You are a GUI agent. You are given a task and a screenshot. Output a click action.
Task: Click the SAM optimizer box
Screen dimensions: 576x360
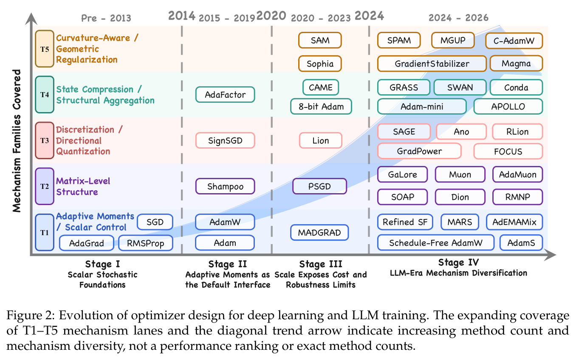click(320, 40)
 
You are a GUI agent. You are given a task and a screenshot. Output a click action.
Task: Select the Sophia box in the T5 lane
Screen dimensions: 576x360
click(320, 64)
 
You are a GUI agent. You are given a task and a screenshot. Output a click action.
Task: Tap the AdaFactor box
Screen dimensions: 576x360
click(225, 95)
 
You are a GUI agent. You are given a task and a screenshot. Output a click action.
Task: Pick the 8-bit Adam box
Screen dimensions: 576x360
click(321, 107)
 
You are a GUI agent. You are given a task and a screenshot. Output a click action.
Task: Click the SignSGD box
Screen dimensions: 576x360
click(225, 141)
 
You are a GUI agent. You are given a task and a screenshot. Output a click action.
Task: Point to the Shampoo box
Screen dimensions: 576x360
click(225, 186)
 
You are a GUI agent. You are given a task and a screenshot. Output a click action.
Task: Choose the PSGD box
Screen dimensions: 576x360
click(319, 186)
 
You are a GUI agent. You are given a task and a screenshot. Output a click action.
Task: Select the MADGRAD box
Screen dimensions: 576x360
click(319, 233)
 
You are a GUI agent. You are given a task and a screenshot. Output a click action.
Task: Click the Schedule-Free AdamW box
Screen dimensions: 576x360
click(435, 242)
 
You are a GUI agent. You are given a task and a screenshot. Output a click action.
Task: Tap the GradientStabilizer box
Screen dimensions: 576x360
click(432, 64)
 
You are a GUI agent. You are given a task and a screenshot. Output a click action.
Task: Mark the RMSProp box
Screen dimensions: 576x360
click(146, 243)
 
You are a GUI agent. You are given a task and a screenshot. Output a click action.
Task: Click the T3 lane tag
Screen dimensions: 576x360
click(45, 141)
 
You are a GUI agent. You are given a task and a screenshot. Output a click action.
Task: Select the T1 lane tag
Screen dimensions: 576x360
click(45, 233)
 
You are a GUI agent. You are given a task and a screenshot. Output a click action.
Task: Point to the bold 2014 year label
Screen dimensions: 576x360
click(181, 16)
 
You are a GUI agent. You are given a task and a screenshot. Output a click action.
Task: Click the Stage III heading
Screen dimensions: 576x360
click(321, 264)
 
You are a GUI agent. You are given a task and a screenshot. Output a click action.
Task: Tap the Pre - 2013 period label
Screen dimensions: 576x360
click(106, 18)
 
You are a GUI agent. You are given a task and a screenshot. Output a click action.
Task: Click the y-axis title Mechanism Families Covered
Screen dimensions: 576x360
click(17, 141)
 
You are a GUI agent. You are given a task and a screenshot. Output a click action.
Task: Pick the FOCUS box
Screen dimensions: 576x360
click(508, 152)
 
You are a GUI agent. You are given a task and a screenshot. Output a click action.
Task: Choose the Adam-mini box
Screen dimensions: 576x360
click(422, 107)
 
